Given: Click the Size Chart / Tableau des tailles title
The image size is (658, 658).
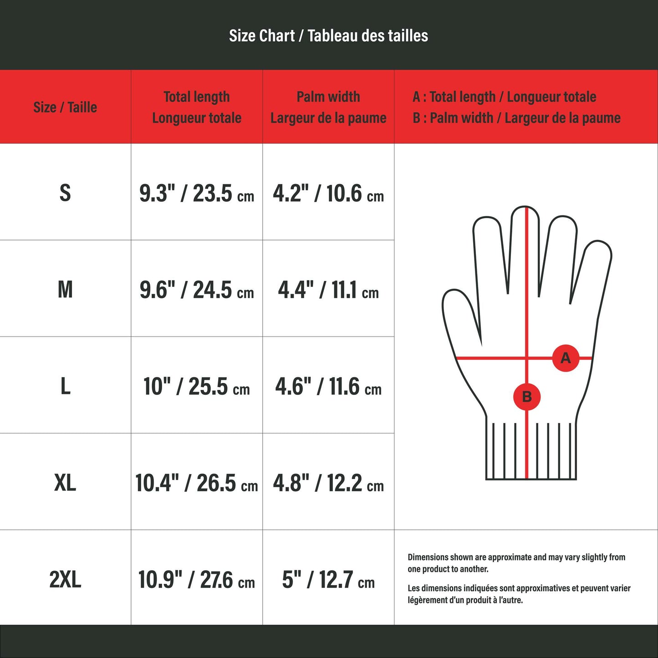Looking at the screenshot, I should click(x=328, y=36).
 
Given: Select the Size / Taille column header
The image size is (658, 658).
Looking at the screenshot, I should click(x=65, y=107).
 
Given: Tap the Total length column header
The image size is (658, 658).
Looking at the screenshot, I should click(x=197, y=107).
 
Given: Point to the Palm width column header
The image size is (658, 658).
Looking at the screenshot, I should click(x=328, y=107).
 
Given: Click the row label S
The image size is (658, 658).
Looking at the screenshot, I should click(x=65, y=193).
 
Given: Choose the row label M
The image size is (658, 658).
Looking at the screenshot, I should click(x=65, y=289).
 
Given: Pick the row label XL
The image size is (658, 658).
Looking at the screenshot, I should click(x=65, y=483).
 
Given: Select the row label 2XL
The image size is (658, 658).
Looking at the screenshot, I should click(x=65, y=580).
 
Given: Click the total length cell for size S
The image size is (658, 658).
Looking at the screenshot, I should click(x=197, y=193).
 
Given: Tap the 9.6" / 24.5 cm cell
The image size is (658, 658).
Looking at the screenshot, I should click(x=197, y=290).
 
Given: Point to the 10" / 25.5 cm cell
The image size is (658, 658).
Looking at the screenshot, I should click(x=197, y=386).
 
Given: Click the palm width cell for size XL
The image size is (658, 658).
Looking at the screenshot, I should click(x=328, y=483).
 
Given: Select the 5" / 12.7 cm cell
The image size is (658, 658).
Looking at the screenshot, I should click(x=328, y=580).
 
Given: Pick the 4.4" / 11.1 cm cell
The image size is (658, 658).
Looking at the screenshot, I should click(x=328, y=290).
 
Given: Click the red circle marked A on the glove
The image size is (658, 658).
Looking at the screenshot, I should click(x=566, y=358).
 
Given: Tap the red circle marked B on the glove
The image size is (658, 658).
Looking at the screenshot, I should click(x=527, y=397).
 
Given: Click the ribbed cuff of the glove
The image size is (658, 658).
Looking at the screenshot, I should click(x=531, y=451).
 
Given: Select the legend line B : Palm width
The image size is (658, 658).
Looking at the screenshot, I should click(x=516, y=118).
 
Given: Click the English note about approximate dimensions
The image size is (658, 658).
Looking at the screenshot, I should click(x=516, y=563).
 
